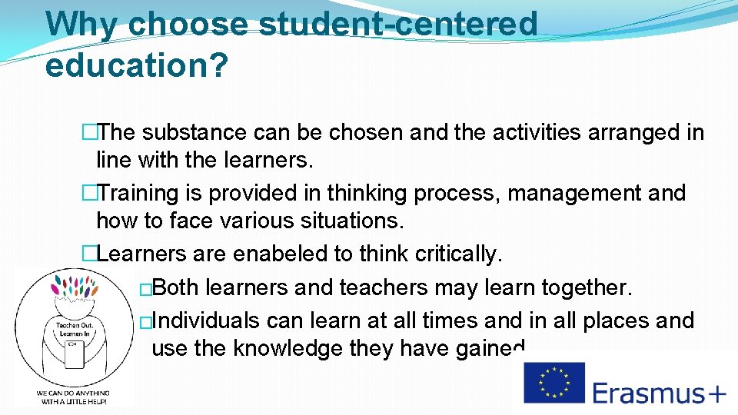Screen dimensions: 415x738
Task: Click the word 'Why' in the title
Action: tap(81, 24)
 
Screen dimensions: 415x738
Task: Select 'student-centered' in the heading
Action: tap(397, 24)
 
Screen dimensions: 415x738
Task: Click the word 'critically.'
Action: tap(460, 253)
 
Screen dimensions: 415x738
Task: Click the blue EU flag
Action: tap(554, 383)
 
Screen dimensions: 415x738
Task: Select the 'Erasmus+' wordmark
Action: tap(659, 393)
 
